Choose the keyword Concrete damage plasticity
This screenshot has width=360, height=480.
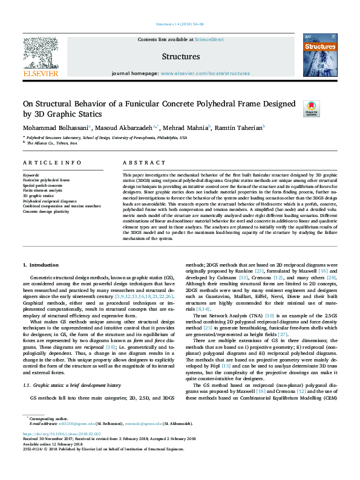pos(47,211)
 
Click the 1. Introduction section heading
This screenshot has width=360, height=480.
pos(41,265)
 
